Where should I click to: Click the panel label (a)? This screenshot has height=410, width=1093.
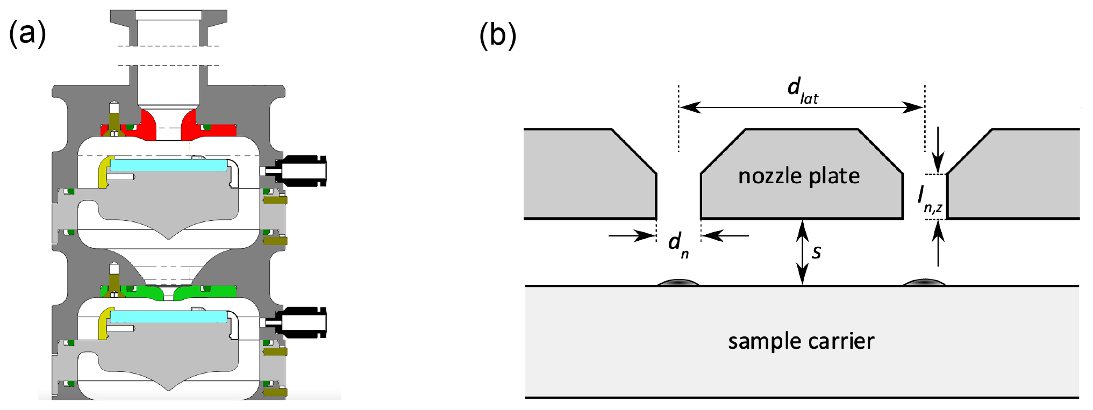[27, 33]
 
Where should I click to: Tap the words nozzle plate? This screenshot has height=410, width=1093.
[799, 176]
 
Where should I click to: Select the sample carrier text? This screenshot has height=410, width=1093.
[801, 342]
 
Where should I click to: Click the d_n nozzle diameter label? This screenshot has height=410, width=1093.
[678, 244]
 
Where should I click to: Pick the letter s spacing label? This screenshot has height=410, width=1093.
[817, 251]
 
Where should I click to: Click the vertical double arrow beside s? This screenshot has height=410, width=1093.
[802, 252]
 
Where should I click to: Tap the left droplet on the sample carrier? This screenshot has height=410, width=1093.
[678, 282]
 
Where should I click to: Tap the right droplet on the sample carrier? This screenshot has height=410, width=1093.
[924, 282]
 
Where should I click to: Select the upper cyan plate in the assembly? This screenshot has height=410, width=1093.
[168, 165]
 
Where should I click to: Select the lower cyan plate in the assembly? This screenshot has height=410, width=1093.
[168, 317]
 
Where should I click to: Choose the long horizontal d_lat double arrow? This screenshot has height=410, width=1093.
[802, 107]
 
